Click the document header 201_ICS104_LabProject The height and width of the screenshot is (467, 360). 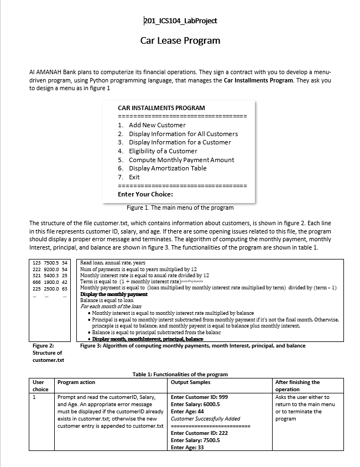click(180, 20)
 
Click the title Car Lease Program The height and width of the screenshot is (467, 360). click(180, 40)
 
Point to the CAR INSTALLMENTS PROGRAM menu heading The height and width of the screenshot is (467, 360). click(161, 108)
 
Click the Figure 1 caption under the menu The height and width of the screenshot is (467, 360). click(180, 208)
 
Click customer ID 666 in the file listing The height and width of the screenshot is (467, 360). click(38, 282)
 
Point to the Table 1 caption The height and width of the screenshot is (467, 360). click(180, 375)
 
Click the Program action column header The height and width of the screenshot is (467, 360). click(76, 382)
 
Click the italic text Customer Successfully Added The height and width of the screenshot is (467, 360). click(206, 419)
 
